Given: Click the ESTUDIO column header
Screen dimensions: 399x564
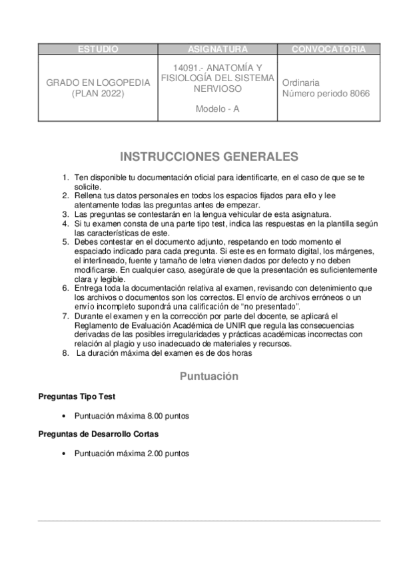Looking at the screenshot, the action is [x=98, y=49].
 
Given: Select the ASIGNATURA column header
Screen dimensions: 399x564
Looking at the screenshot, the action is [x=217, y=49].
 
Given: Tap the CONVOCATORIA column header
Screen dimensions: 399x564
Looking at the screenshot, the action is [x=328, y=49].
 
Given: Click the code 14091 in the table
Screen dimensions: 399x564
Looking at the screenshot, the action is [x=185, y=69].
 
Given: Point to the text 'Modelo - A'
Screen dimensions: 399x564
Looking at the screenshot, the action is [x=217, y=108].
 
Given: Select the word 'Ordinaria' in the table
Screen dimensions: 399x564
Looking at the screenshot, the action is [x=301, y=83].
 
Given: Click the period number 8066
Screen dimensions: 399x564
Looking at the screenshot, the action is [x=357, y=94].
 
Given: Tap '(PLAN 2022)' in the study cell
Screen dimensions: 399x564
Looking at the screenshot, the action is [x=98, y=94].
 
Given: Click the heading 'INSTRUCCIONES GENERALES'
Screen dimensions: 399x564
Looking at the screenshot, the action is [x=208, y=157].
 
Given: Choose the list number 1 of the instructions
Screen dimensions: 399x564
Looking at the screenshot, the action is [x=65, y=178].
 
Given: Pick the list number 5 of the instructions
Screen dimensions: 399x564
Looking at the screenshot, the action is [x=65, y=241].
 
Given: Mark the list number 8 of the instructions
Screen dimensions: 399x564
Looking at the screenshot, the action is [x=65, y=353].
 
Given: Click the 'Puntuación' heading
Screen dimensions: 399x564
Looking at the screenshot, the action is [x=208, y=376].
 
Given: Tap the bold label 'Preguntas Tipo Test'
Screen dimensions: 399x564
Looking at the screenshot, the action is [x=77, y=396].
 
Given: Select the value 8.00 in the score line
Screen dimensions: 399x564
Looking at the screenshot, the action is [x=157, y=416].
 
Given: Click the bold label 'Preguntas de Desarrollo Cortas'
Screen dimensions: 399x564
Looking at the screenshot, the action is [x=98, y=434].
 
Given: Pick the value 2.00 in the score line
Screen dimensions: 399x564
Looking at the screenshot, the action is [x=157, y=454].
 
